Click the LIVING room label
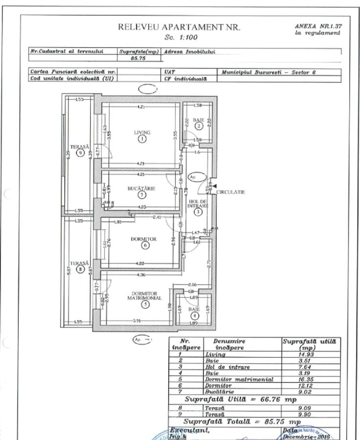(142, 132)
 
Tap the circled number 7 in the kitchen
(142, 195)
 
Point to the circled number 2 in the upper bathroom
(199, 126)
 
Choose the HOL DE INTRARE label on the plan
(198, 204)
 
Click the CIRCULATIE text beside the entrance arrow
(231, 192)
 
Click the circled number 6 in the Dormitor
(145, 245)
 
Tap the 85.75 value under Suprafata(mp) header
(140, 58)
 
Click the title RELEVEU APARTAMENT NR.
(179, 28)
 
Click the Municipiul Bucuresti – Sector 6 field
(269, 72)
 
